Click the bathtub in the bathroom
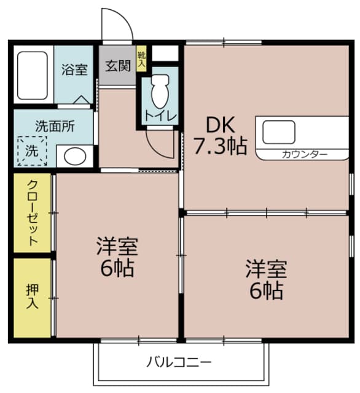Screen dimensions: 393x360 (32, 75)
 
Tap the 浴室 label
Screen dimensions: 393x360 (74, 69)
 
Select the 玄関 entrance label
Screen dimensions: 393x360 (117, 65)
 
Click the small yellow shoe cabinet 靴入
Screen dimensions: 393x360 (142, 60)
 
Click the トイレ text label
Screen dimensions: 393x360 (161, 115)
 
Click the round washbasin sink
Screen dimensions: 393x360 (75, 157)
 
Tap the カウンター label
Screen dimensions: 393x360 (305, 154)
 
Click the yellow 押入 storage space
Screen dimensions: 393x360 (33, 297)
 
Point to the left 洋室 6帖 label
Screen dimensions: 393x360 (116, 257)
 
